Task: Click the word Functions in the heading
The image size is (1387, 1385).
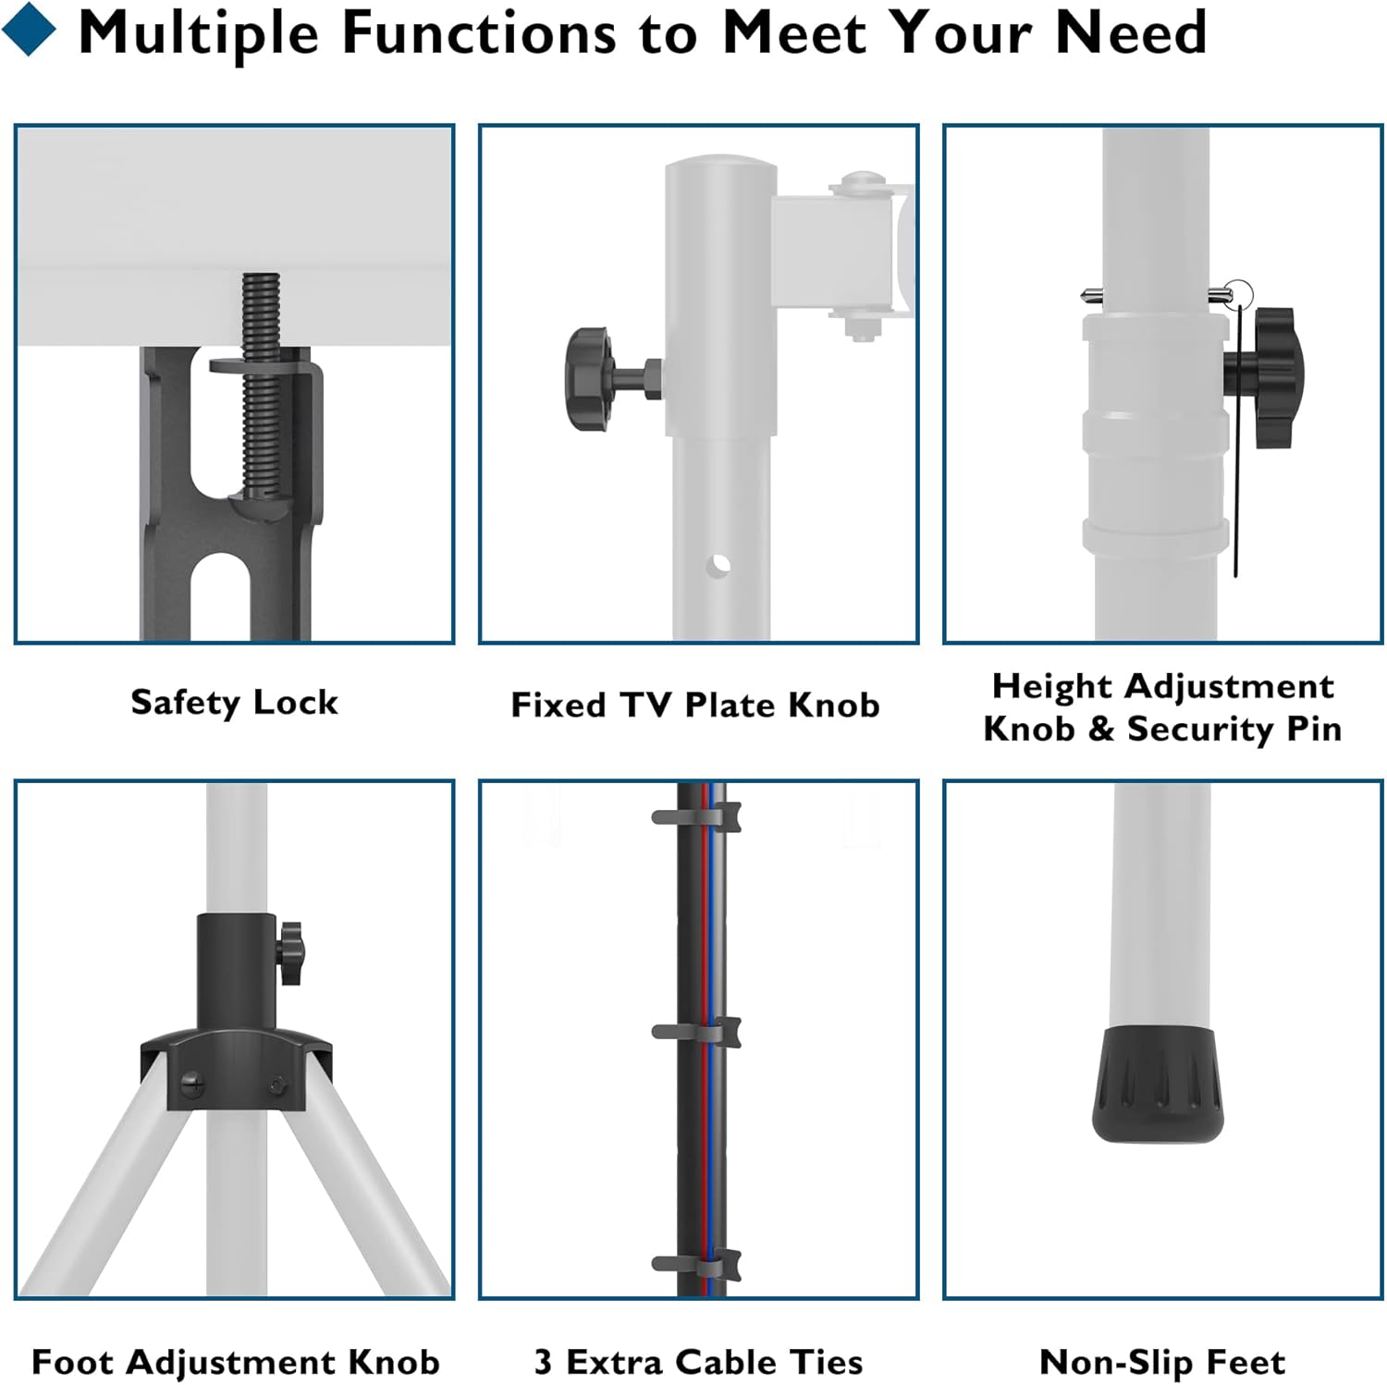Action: pos(479,32)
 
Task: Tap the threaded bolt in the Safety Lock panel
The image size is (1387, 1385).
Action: pos(260,388)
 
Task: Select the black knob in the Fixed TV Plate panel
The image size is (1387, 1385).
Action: pos(592,378)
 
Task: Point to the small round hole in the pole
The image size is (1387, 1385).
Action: pos(720,564)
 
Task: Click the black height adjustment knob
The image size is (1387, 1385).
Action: pos(1267,378)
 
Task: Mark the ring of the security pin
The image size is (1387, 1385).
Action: pos(1238,295)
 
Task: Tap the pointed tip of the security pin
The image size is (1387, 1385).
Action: pos(1088,296)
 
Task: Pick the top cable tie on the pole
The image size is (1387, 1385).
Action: pos(695,817)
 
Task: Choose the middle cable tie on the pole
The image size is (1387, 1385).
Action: pos(695,1032)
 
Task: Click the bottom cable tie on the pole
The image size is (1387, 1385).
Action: pos(695,1264)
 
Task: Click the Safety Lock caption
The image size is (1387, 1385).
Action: pos(234,703)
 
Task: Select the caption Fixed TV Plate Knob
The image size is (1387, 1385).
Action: pos(694,705)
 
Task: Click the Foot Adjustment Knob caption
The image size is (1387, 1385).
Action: pos(235,1362)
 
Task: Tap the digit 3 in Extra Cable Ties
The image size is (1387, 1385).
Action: pos(543,1362)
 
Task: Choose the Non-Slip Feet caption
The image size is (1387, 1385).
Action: pos(1161,1362)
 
